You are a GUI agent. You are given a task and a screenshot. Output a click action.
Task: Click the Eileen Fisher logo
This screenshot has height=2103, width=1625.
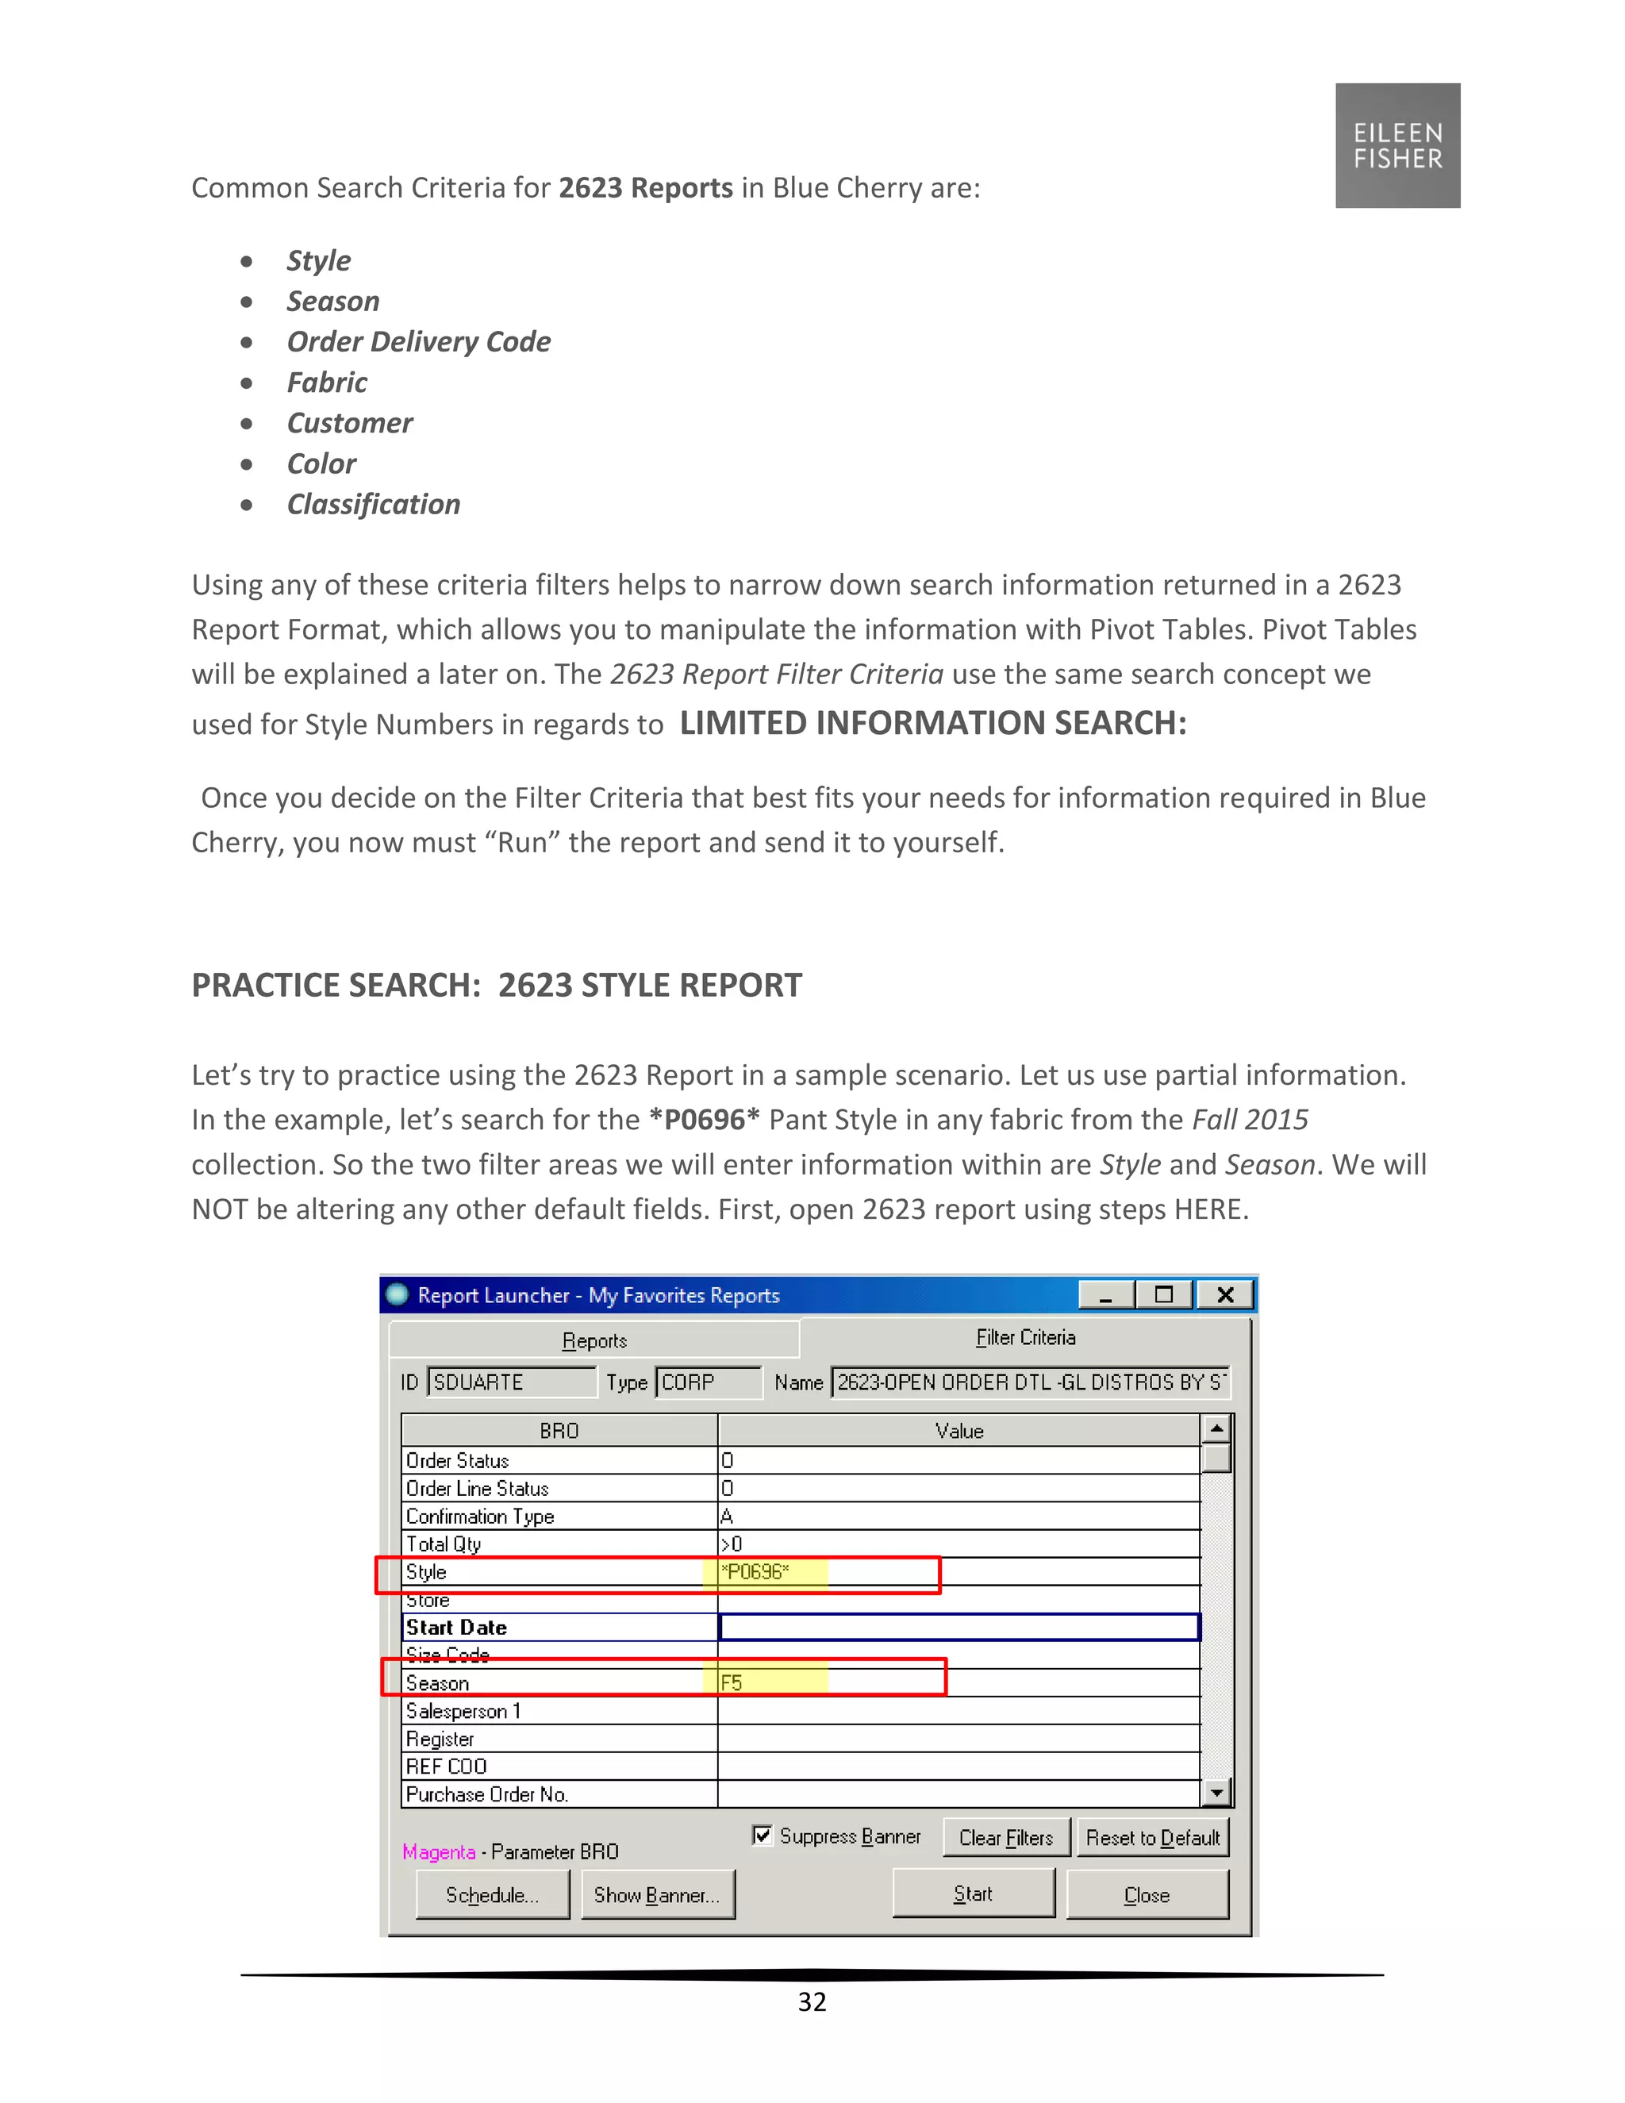pyautogui.click(x=1396, y=145)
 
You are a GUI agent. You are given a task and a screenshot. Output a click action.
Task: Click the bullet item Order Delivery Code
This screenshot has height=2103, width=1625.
pyautogui.click(x=418, y=342)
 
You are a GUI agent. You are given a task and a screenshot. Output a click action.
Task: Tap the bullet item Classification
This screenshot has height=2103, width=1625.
pyautogui.click(x=374, y=505)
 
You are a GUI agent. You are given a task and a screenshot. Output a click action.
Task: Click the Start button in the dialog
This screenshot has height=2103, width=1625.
pyautogui.click(x=972, y=1894)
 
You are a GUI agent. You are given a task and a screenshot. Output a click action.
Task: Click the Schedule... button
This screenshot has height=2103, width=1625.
pyautogui.click(x=492, y=1895)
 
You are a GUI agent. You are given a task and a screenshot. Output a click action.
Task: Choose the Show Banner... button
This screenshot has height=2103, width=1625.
pyautogui.click(x=656, y=1895)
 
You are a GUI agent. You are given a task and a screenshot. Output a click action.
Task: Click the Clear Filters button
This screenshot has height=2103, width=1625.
pyautogui.click(x=1005, y=1838)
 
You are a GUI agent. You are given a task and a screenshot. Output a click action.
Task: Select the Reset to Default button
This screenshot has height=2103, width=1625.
pyautogui.click(x=1152, y=1838)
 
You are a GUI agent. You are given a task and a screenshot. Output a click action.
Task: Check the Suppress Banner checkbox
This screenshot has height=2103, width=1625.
pyautogui.click(x=763, y=1836)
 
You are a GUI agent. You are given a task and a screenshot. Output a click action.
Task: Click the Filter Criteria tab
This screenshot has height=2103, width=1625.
pyautogui.click(x=1025, y=1337)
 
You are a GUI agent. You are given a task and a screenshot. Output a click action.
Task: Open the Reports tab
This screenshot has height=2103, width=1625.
pyautogui.click(x=594, y=1340)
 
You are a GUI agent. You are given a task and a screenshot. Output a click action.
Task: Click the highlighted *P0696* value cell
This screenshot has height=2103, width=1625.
pyautogui.click(x=766, y=1572)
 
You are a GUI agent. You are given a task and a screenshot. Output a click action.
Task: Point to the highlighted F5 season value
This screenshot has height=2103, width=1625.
pyautogui.click(x=766, y=1683)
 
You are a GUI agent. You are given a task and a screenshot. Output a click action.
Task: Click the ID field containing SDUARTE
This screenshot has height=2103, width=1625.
pyautogui.click(x=510, y=1382)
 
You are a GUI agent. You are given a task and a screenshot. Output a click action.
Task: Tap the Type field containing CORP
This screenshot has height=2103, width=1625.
pyautogui.click(x=707, y=1382)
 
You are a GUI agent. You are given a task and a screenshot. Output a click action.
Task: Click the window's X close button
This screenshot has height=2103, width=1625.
pyautogui.click(x=1224, y=1295)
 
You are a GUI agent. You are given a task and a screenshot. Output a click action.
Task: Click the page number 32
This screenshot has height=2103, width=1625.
pyautogui.click(x=812, y=2002)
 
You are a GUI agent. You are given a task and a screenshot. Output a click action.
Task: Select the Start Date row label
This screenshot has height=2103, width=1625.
pyautogui.click(x=456, y=1628)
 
